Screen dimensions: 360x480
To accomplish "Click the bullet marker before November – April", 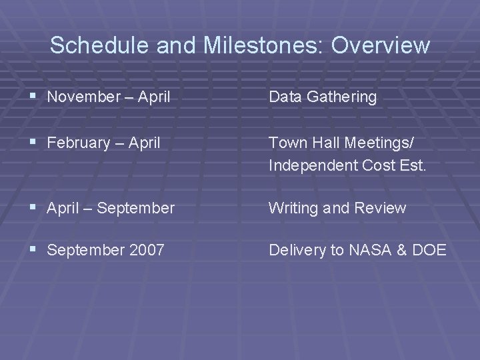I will (x=33, y=97).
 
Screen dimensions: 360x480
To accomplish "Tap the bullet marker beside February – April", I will (x=33, y=142).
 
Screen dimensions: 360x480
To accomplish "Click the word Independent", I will (x=310, y=165).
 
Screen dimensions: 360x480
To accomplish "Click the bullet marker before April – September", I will (x=33, y=208).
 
